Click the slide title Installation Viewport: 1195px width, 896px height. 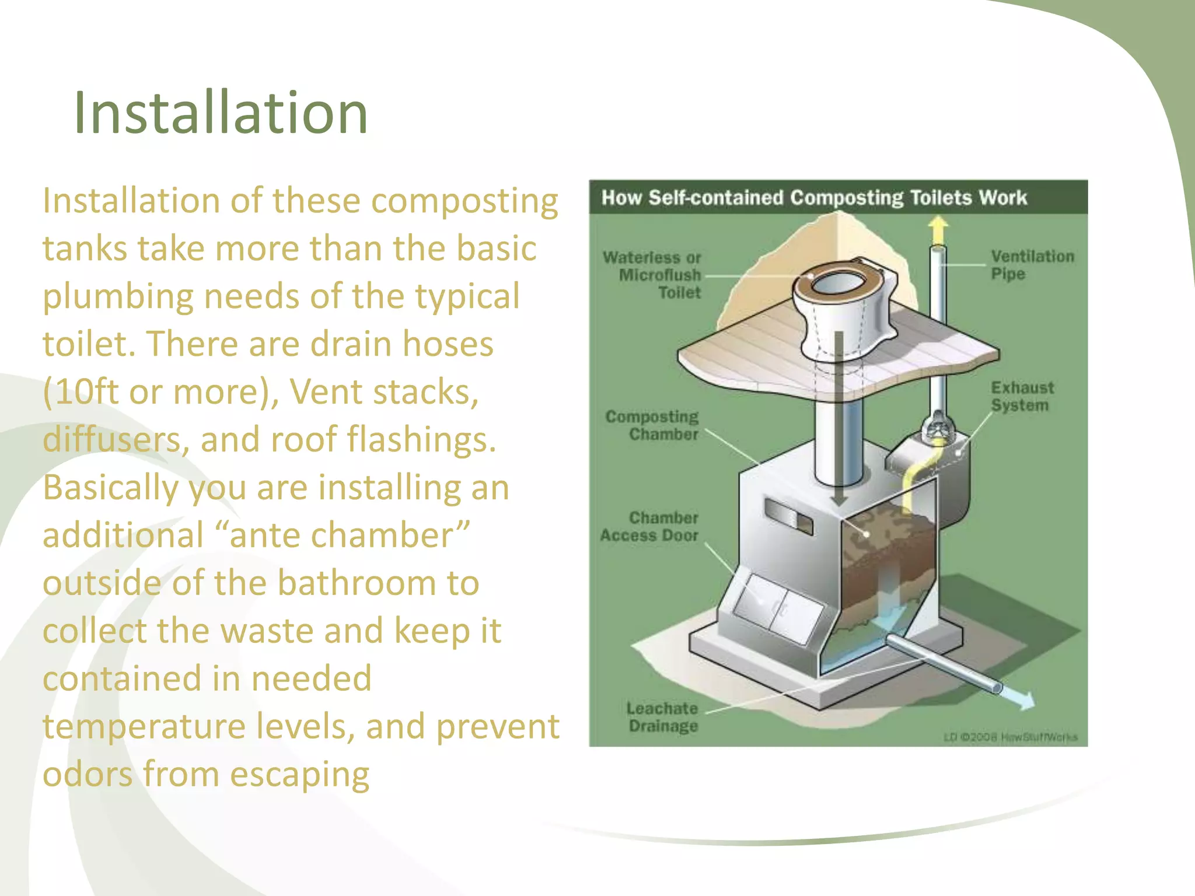pos(221,113)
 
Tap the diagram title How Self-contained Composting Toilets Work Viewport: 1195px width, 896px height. pos(813,198)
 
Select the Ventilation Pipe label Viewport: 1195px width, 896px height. pos(1032,265)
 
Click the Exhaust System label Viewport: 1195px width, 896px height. pos(1022,397)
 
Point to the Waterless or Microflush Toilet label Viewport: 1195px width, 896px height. pos(652,275)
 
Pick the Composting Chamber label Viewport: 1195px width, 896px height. pos(652,425)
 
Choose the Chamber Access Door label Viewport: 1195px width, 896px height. pos(650,527)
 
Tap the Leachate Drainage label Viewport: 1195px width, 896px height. pos(662,717)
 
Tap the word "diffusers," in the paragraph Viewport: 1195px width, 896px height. pos(116,440)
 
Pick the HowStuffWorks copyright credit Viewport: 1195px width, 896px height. pos(1010,737)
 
